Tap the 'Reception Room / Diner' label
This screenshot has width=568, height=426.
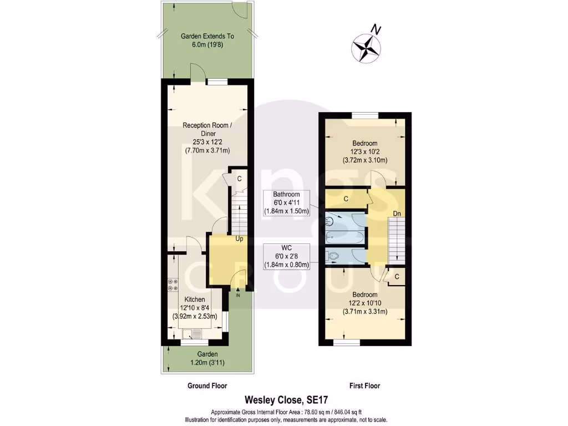(x=207, y=129)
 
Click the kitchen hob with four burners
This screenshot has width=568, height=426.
(x=173, y=285)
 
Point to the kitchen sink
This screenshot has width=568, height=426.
(x=191, y=333)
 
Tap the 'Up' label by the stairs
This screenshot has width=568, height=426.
(x=240, y=239)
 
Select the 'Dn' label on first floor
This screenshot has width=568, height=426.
(x=397, y=213)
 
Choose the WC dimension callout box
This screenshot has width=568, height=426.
(x=286, y=256)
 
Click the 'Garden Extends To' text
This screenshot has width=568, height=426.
(x=207, y=36)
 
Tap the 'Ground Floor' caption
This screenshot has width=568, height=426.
(x=207, y=386)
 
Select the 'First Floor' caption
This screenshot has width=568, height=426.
(x=364, y=386)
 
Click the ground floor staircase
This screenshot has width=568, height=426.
(x=238, y=214)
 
